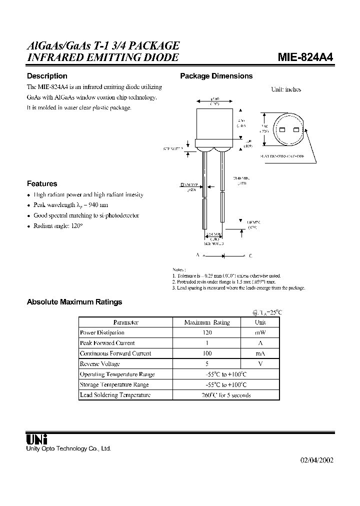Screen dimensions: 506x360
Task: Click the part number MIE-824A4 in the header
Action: [x=305, y=57]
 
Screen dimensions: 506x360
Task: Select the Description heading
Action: [x=46, y=76]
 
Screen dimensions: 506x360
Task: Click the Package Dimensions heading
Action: [x=216, y=76]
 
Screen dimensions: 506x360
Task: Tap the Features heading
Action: [x=41, y=183]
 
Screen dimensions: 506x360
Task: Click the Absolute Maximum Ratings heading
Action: [x=74, y=302]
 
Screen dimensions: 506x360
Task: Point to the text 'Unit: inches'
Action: [x=286, y=89]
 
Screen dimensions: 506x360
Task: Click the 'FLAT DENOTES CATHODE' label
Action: [x=281, y=156]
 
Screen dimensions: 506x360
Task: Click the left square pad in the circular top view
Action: [x=281, y=130]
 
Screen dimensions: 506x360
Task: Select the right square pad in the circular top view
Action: [x=295, y=130]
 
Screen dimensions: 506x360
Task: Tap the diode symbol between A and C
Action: [x=223, y=255]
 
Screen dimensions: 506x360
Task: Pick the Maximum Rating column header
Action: [x=207, y=322]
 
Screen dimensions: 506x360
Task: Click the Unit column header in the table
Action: [x=261, y=322]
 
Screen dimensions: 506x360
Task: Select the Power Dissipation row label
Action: [x=102, y=332]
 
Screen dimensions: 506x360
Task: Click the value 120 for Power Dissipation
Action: [x=207, y=332]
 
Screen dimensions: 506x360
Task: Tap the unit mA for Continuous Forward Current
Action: [x=261, y=353]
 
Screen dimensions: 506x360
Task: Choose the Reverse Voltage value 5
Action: [x=207, y=364]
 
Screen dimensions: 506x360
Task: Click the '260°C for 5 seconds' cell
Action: [x=226, y=395]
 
